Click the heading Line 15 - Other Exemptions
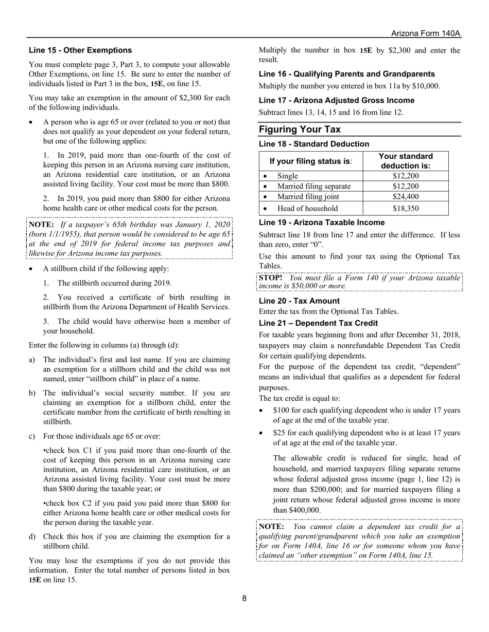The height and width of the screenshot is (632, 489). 80,50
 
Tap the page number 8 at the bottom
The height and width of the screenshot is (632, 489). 244,598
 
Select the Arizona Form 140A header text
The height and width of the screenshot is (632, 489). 425,33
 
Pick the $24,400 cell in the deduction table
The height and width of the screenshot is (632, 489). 406,196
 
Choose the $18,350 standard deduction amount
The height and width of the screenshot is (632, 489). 406,208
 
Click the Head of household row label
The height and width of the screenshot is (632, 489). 307,208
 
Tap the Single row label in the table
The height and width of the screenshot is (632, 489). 288,176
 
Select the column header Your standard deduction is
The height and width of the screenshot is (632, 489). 406,161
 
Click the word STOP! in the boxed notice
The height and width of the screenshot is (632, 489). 270,278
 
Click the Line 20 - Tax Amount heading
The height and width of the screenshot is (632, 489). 299,301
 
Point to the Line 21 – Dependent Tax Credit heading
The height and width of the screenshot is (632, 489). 318,323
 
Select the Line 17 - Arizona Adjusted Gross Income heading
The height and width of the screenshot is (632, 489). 337,100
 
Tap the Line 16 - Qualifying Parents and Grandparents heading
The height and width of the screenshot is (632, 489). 346,74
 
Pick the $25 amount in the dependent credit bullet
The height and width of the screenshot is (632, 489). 279,433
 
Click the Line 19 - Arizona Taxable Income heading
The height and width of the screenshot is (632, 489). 322,222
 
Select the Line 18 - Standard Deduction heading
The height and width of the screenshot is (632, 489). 314,144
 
